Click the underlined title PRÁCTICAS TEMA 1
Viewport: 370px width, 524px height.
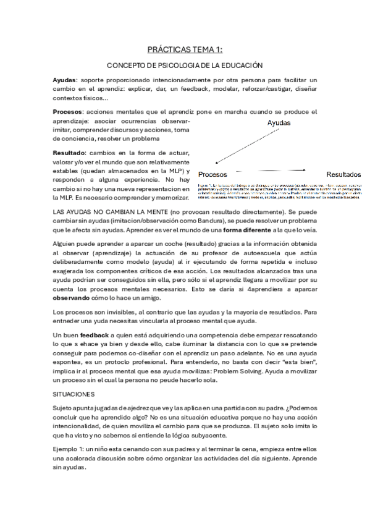tap(185, 49)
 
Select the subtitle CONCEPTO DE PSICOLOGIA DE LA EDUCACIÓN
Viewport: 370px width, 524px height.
tap(185, 65)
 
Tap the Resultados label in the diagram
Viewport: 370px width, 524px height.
tap(343, 174)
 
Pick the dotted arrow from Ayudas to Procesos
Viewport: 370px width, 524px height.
tap(238, 149)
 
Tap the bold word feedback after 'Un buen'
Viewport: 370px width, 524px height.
tap(93, 334)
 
